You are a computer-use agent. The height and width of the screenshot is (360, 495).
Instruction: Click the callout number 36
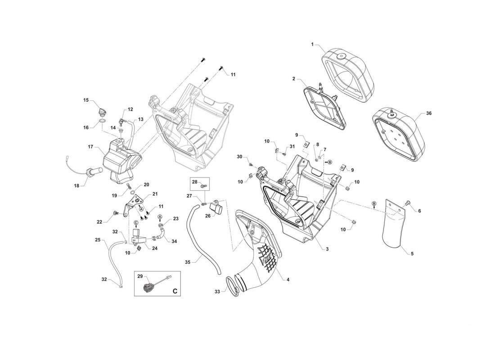coord(428,113)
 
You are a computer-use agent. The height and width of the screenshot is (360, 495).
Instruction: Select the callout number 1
coord(313,45)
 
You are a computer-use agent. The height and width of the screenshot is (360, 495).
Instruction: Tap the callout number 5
coord(412,254)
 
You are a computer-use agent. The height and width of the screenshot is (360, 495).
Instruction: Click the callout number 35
coord(188,262)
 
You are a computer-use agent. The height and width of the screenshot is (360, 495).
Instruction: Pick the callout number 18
coord(76,186)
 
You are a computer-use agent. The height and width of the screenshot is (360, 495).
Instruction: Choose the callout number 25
coord(98,240)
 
